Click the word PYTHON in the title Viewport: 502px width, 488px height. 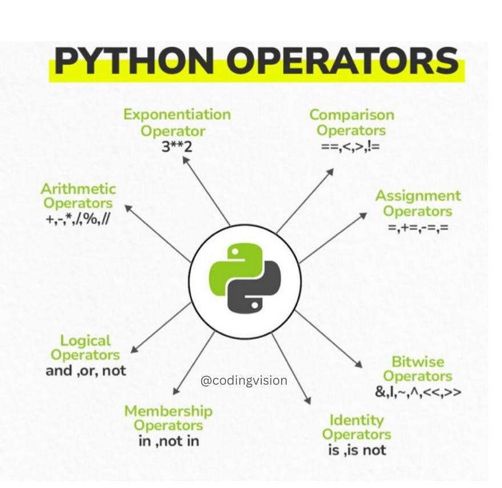click(x=134, y=61)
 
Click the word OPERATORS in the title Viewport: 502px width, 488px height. click(x=343, y=61)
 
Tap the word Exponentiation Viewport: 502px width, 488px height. click(x=177, y=115)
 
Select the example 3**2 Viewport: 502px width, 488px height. click(x=176, y=147)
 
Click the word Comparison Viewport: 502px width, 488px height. click(x=352, y=115)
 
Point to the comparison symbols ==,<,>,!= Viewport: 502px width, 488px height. click(x=351, y=147)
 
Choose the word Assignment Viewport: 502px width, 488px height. click(x=418, y=196)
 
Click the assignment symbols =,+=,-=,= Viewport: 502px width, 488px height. click(x=418, y=228)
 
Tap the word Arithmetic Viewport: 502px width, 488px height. click(x=78, y=189)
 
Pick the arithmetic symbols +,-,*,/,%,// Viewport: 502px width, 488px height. click(x=78, y=220)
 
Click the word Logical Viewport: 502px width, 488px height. click(x=86, y=341)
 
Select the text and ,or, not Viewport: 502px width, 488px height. click(x=86, y=371)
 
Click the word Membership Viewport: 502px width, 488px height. click(x=168, y=412)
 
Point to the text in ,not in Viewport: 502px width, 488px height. click(x=168, y=441)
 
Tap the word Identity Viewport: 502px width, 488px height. click(x=356, y=421)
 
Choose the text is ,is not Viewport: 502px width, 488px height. click(x=357, y=450)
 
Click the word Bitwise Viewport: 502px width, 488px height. click(x=418, y=362)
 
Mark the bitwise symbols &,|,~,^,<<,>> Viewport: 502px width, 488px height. click(x=418, y=392)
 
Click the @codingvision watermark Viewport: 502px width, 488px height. click(x=244, y=381)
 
